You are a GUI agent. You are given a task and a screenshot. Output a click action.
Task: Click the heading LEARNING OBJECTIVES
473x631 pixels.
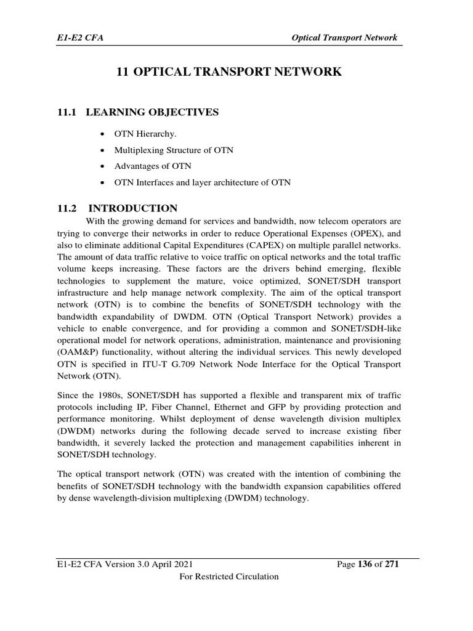152,112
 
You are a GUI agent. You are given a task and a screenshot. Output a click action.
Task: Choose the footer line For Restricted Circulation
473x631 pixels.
228,577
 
